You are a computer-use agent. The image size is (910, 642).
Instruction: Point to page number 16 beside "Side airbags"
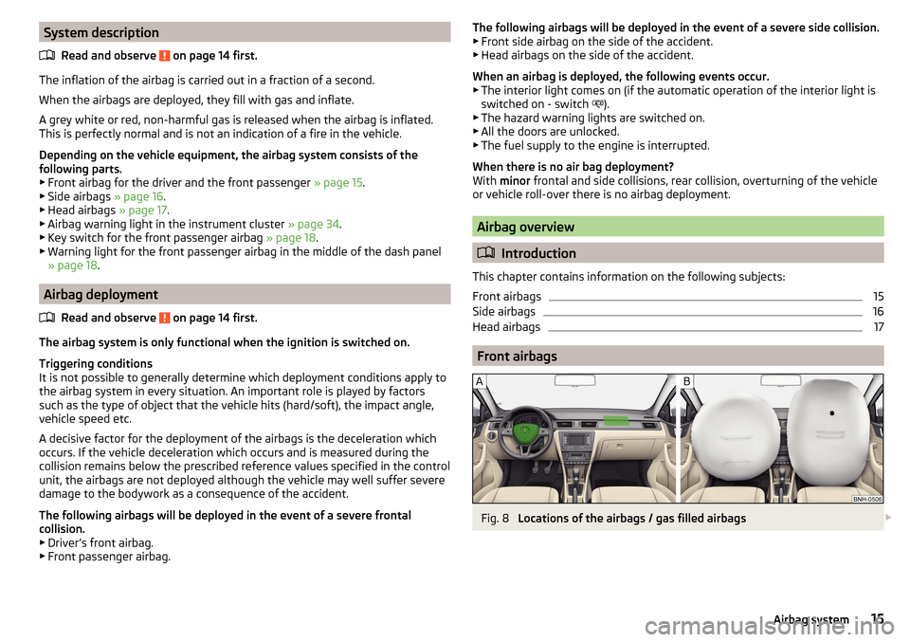coord(877,312)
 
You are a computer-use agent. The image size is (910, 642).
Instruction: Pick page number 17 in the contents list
coord(877,327)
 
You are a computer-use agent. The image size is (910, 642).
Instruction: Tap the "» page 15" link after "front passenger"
coord(339,182)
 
